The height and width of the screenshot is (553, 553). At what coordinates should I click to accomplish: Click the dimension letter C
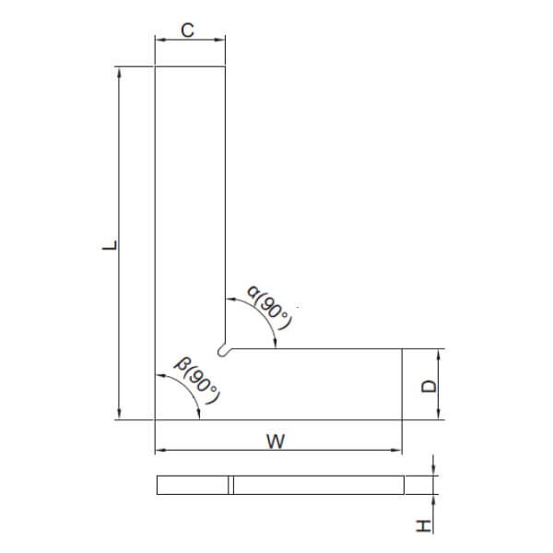pyautogui.click(x=187, y=29)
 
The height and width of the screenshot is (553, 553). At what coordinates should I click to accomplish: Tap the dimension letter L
pyautogui.click(x=109, y=246)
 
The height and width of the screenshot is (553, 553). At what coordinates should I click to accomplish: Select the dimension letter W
pyautogui.click(x=274, y=441)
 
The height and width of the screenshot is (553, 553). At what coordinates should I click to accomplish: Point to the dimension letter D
pyautogui.click(x=428, y=385)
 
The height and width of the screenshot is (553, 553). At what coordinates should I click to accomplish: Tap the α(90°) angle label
pyautogui.click(x=270, y=310)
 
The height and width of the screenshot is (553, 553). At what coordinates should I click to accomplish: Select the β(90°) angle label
pyautogui.click(x=200, y=382)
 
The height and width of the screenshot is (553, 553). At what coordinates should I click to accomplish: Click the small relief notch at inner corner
pyautogui.click(x=223, y=349)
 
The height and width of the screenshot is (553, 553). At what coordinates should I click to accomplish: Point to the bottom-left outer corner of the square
pyautogui.click(x=155, y=419)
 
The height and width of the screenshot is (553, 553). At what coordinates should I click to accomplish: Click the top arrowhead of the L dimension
pyautogui.click(x=120, y=71)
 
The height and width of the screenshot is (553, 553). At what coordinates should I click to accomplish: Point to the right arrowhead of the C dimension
pyautogui.click(x=222, y=40)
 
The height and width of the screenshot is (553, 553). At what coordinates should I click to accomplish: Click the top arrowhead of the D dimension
pyautogui.click(x=439, y=353)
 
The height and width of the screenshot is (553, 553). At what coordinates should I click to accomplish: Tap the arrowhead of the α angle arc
pyautogui.click(x=277, y=344)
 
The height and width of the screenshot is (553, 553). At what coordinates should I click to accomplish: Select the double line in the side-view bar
pyautogui.click(x=231, y=485)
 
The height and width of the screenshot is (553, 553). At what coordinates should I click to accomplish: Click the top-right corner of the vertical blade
pyautogui.click(x=227, y=67)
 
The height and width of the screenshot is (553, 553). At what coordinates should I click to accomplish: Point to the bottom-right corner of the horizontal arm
pyautogui.click(x=403, y=419)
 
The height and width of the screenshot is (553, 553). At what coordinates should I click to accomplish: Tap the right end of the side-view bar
pyautogui.click(x=403, y=485)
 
